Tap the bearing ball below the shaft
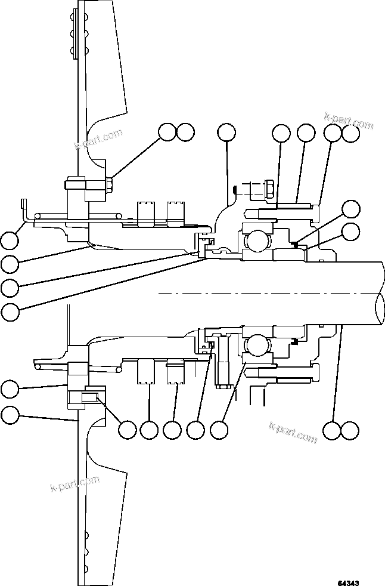point(257,346)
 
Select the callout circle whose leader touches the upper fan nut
point(167,132)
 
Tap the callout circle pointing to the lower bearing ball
point(219,430)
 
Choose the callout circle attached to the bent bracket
point(9,240)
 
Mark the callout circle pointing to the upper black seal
point(351,208)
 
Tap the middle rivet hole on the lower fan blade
point(86,551)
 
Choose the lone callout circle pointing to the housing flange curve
point(226,132)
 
